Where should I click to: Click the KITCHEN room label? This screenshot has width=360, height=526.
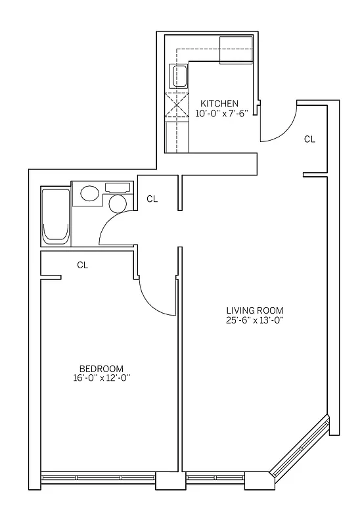coord(219,103)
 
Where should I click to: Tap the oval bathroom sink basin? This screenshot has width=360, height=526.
coord(89,193)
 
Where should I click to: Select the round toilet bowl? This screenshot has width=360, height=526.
coord(118,203)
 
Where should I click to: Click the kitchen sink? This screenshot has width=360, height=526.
coord(179,77)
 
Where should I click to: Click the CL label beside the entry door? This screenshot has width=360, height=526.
coord(309,139)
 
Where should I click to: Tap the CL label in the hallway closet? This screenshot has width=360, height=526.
coord(152,198)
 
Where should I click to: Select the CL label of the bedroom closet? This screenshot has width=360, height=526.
coord(82,265)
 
